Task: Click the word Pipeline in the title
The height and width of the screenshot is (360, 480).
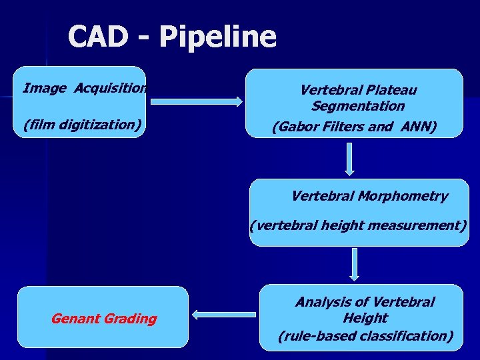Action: (217, 38)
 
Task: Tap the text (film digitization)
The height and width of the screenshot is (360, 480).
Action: (83, 124)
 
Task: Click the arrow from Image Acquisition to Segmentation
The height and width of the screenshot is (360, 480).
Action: (197, 101)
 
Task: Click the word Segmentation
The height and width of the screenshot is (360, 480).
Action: (357, 106)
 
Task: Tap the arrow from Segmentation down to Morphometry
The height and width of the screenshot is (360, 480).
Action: (354, 159)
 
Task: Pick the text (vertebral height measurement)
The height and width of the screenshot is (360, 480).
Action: (359, 225)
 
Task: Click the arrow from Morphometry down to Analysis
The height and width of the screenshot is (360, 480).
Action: (354, 265)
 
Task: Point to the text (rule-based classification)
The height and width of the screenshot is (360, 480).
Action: (365, 336)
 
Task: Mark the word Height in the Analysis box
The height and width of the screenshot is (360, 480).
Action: (365, 318)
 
